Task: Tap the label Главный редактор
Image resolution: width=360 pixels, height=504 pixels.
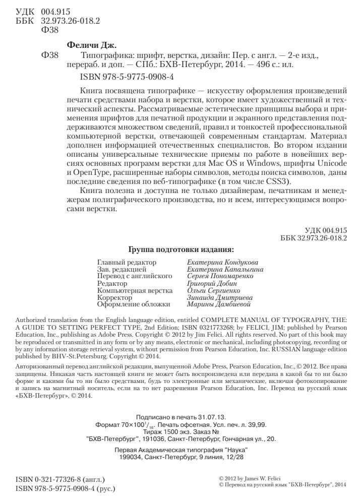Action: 126,263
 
